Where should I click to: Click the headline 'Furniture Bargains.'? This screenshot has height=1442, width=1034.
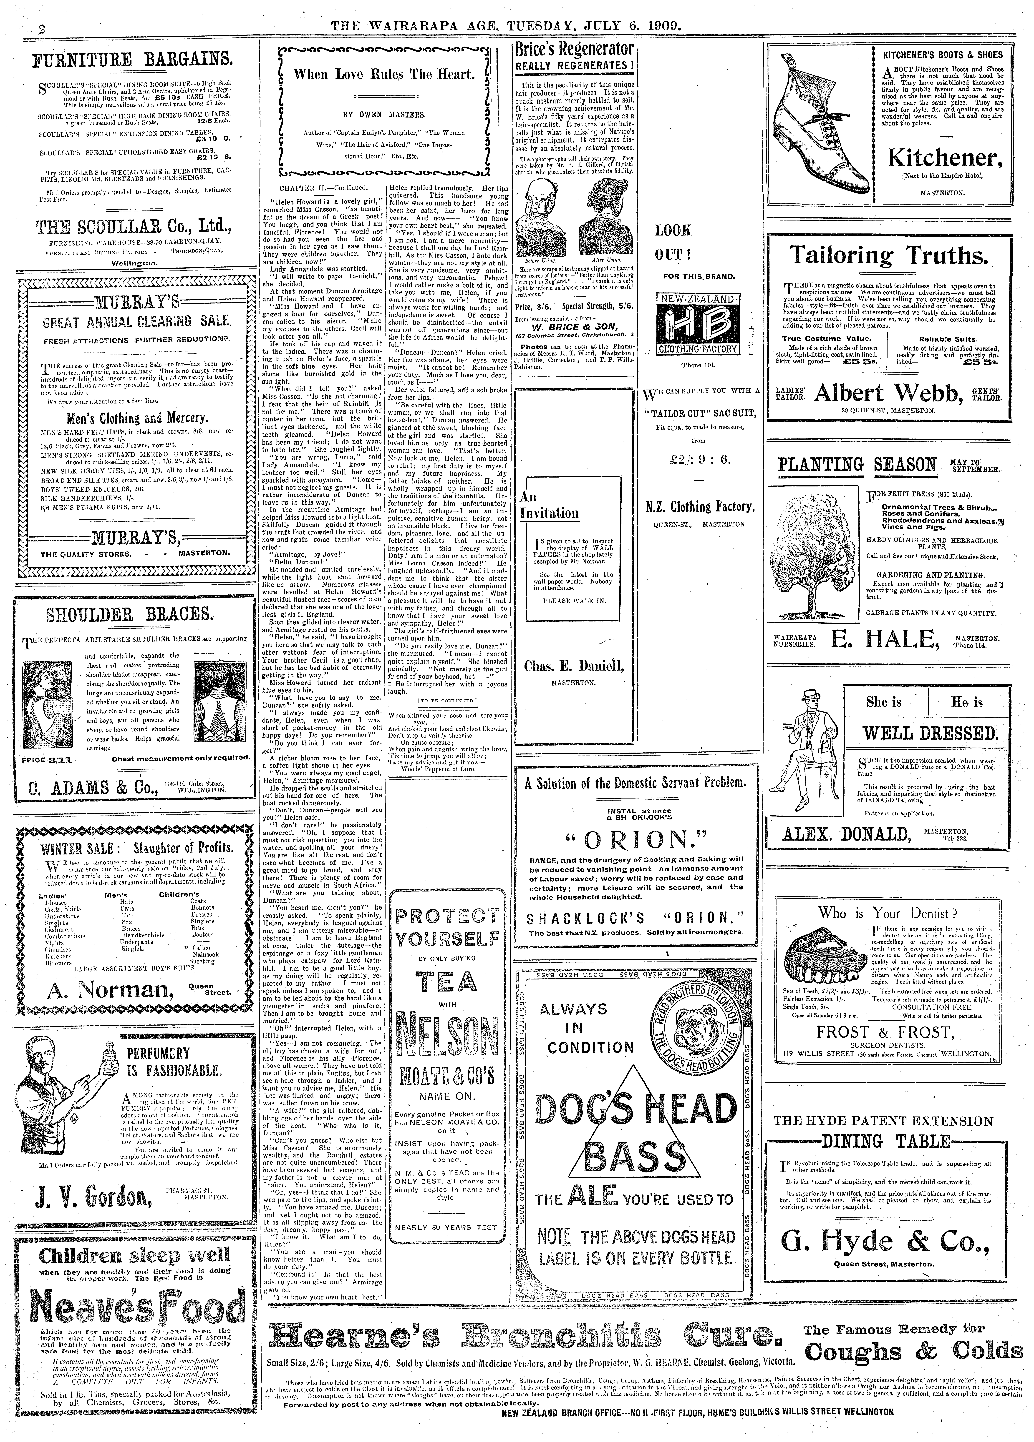pos(133,60)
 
